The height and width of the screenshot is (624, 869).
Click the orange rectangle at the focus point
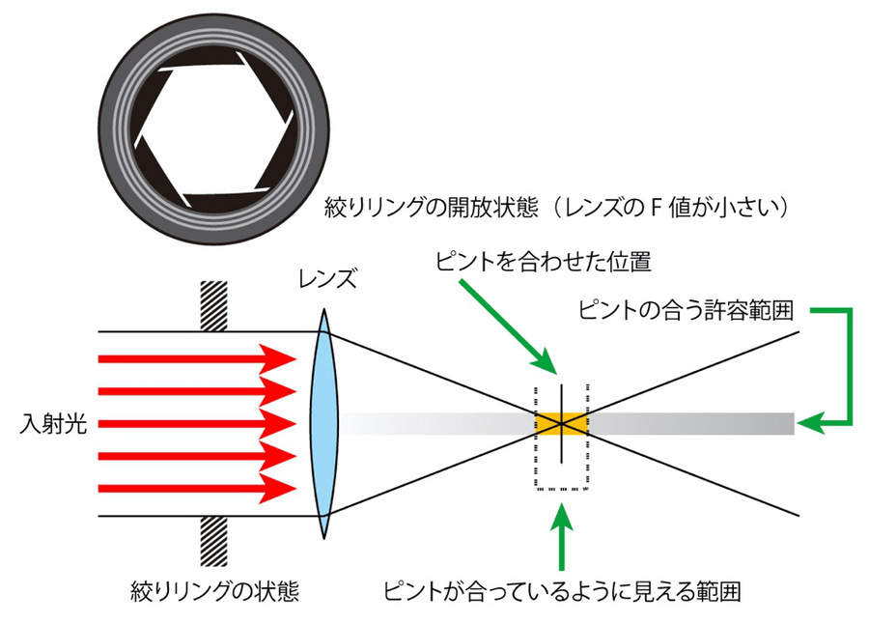pos(560,423)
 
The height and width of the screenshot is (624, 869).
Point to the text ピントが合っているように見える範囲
pos(568,588)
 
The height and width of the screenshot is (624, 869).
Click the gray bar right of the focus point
pos(690,423)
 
